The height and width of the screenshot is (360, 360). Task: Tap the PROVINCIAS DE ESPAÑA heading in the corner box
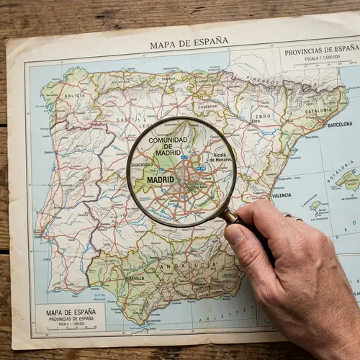coord(321,50)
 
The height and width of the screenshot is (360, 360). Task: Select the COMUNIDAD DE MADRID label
coord(168,145)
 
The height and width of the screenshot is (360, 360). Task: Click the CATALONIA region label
coord(318,112)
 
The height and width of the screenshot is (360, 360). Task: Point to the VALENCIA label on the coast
coord(282,195)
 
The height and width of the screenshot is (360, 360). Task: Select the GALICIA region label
coord(74,95)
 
